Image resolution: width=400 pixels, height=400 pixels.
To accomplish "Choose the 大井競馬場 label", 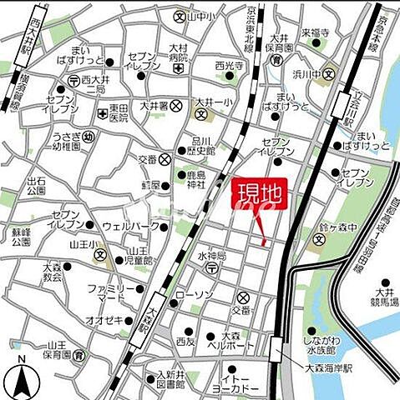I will point(383,297).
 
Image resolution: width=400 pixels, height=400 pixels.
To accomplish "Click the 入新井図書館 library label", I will point(170,380).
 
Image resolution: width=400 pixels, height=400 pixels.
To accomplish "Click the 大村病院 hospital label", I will point(178,53).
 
